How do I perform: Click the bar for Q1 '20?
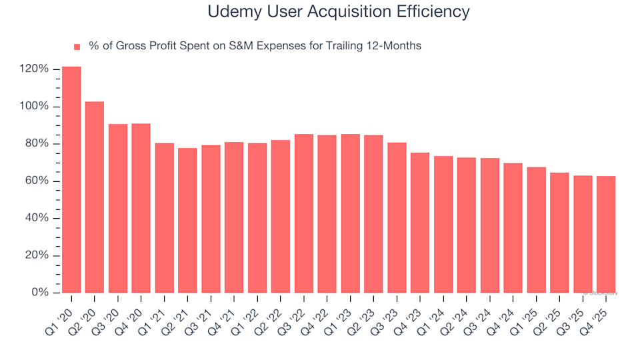click(x=71, y=180)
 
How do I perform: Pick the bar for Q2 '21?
click(x=187, y=220)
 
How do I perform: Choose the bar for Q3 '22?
click(x=304, y=213)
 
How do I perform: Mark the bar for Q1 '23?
click(x=350, y=213)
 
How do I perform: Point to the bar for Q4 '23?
click(x=420, y=223)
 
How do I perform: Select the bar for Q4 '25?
click(x=606, y=234)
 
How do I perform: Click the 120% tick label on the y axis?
click(x=34, y=69)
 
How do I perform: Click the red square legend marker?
click(x=77, y=47)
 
